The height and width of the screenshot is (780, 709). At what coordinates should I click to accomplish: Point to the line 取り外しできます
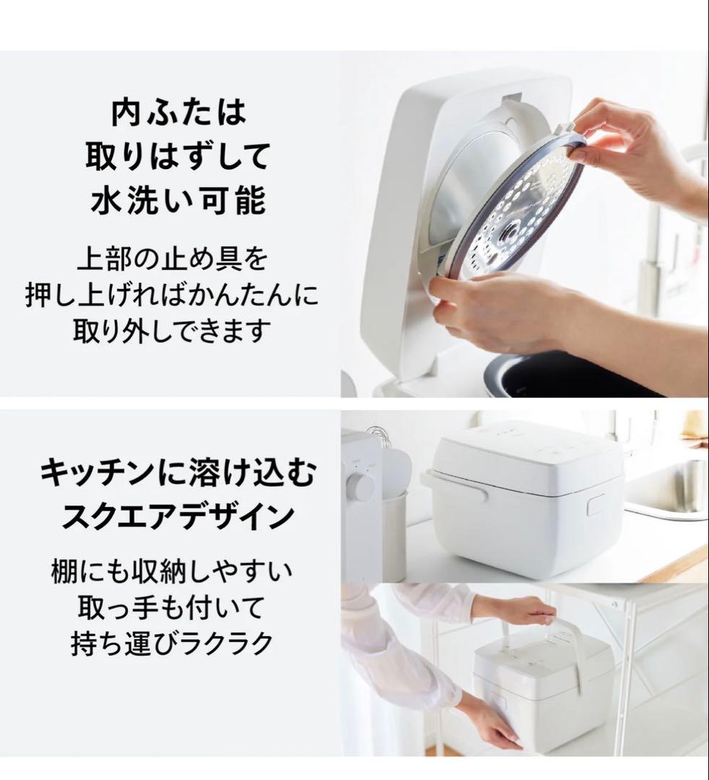tap(172, 331)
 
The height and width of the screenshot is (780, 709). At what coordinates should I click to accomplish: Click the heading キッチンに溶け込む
tap(178, 474)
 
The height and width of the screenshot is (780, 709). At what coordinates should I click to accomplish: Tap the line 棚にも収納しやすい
tap(172, 572)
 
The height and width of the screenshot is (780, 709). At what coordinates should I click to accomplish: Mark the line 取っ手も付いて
tap(172, 608)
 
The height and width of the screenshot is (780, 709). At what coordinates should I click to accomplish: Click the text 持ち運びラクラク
tap(172, 643)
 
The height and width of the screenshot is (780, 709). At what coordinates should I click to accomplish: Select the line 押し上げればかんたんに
tap(172, 295)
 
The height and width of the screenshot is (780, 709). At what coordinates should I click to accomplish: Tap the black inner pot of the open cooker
tap(578, 376)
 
